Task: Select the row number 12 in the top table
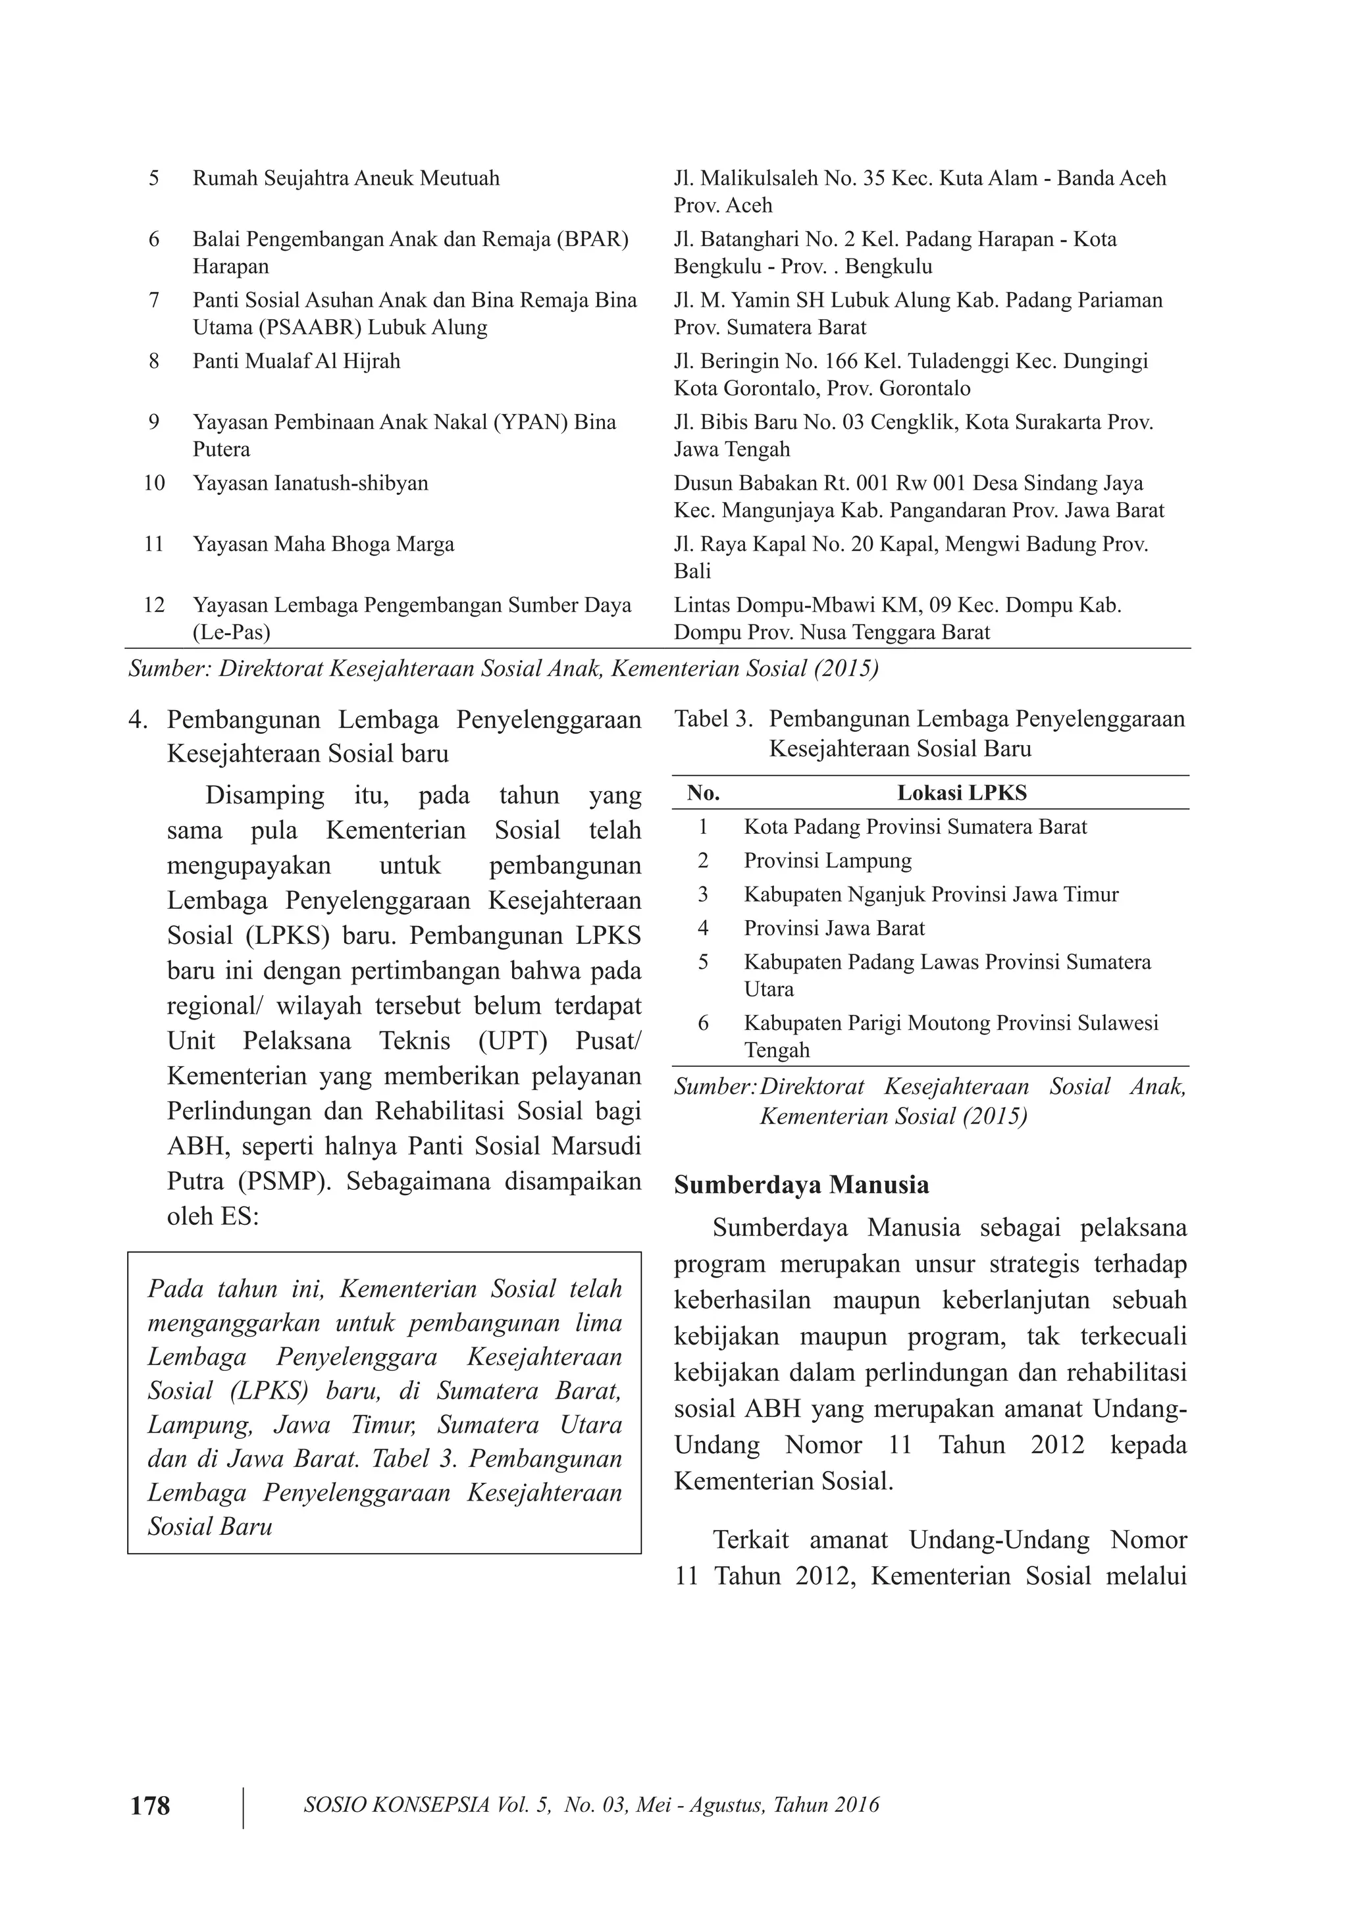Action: (x=155, y=605)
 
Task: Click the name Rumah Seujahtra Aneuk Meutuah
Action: (x=346, y=178)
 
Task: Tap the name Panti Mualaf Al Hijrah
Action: (x=296, y=361)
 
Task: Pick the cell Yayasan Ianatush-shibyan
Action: (x=311, y=483)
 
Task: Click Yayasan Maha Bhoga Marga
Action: (x=324, y=544)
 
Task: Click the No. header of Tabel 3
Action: (x=703, y=793)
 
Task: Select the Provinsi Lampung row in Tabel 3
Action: (x=827, y=861)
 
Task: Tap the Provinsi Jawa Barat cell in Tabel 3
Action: (x=834, y=928)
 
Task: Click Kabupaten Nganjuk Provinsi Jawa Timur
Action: (x=931, y=895)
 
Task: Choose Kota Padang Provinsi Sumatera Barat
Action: (x=915, y=827)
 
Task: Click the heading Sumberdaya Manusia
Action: (x=801, y=1185)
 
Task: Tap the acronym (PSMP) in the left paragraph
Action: (x=286, y=1181)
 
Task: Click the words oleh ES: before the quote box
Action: (x=213, y=1216)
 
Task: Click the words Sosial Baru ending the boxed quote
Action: (x=210, y=1527)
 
